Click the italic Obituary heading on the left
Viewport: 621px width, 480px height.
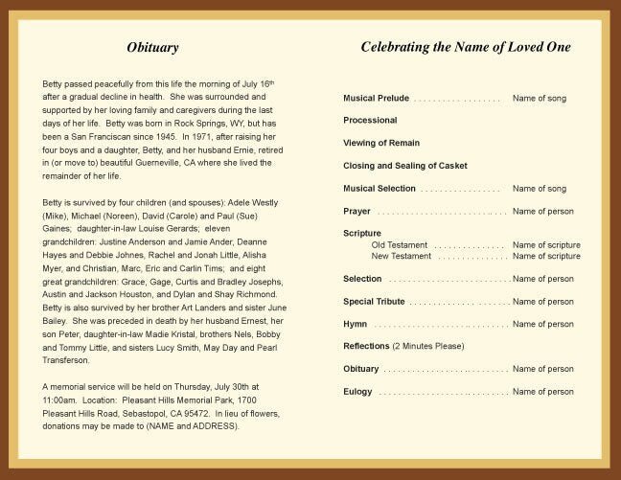tap(152, 48)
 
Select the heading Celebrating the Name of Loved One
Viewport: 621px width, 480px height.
tap(465, 47)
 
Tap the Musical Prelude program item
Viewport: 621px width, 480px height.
tap(376, 99)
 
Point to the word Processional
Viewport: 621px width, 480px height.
tap(370, 121)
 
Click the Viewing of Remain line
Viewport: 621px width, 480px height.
tap(381, 143)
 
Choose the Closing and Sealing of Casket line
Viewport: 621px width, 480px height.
tap(405, 166)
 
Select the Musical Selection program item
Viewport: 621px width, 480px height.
tap(379, 189)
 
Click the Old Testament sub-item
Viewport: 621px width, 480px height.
tap(399, 245)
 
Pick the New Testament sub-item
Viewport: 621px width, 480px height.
tap(401, 257)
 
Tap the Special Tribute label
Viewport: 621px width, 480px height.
tap(374, 302)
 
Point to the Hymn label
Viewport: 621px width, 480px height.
tap(355, 324)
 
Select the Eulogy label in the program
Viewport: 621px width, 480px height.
tap(357, 392)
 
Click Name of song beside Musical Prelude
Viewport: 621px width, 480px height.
tap(539, 99)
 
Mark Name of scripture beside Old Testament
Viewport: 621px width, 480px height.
tap(546, 245)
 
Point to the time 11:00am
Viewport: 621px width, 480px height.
tap(62, 400)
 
